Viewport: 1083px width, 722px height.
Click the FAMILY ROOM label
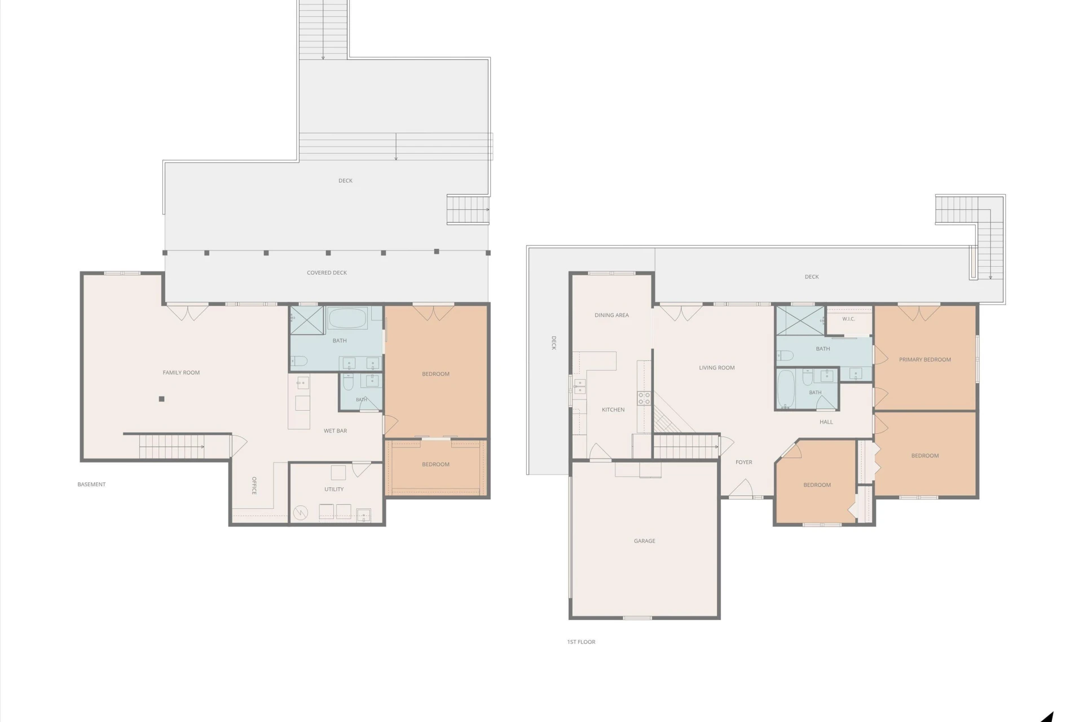coord(181,372)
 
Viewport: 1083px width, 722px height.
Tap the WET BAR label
coord(335,431)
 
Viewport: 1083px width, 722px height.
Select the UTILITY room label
coord(334,489)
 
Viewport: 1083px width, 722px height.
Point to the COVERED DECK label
coord(327,272)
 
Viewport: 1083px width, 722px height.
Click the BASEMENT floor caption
coord(91,484)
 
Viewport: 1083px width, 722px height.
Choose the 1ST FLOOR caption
coord(581,642)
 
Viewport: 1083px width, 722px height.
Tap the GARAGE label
coord(644,541)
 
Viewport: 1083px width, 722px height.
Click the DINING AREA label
coord(611,315)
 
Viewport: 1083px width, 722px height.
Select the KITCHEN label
coord(613,410)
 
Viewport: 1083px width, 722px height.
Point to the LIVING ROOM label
coord(716,368)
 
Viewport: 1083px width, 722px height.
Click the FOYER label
coord(743,462)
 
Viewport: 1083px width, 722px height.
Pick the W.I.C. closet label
coord(848,319)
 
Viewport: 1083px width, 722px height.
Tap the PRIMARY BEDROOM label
coord(924,359)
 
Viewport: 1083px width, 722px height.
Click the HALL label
coord(826,422)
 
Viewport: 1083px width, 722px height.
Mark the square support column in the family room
coord(161,399)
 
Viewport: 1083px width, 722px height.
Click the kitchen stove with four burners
coord(644,398)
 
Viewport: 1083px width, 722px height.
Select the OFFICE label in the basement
coord(254,486)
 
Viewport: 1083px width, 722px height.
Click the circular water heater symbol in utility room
coord(301,513)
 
